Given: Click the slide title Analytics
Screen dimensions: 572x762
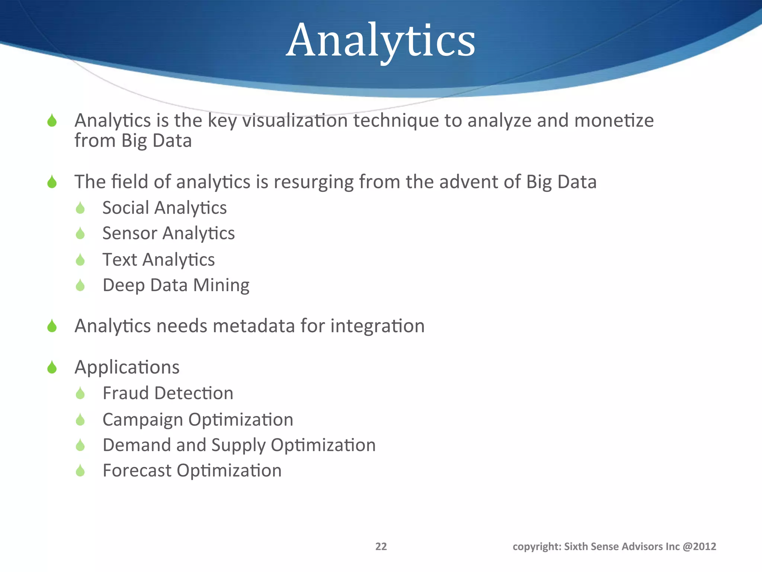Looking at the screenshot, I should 380,40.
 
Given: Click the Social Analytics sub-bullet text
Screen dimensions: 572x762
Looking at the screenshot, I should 164,208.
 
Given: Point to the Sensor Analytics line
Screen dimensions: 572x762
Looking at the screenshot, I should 169,233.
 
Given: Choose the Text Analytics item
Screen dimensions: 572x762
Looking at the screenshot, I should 159,260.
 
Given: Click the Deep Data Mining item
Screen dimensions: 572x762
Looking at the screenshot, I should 176,285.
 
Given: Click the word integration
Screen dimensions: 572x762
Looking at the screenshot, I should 377,326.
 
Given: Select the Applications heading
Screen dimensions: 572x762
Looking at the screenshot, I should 127,367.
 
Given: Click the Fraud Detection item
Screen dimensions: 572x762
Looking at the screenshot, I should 168,393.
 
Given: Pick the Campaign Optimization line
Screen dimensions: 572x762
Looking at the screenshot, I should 198,420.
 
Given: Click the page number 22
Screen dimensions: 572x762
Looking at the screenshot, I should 381,546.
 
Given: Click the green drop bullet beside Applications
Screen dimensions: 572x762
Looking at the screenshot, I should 52,368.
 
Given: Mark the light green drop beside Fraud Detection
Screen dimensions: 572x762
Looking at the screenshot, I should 80,393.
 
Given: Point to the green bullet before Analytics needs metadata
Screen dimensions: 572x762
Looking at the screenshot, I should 52,326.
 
